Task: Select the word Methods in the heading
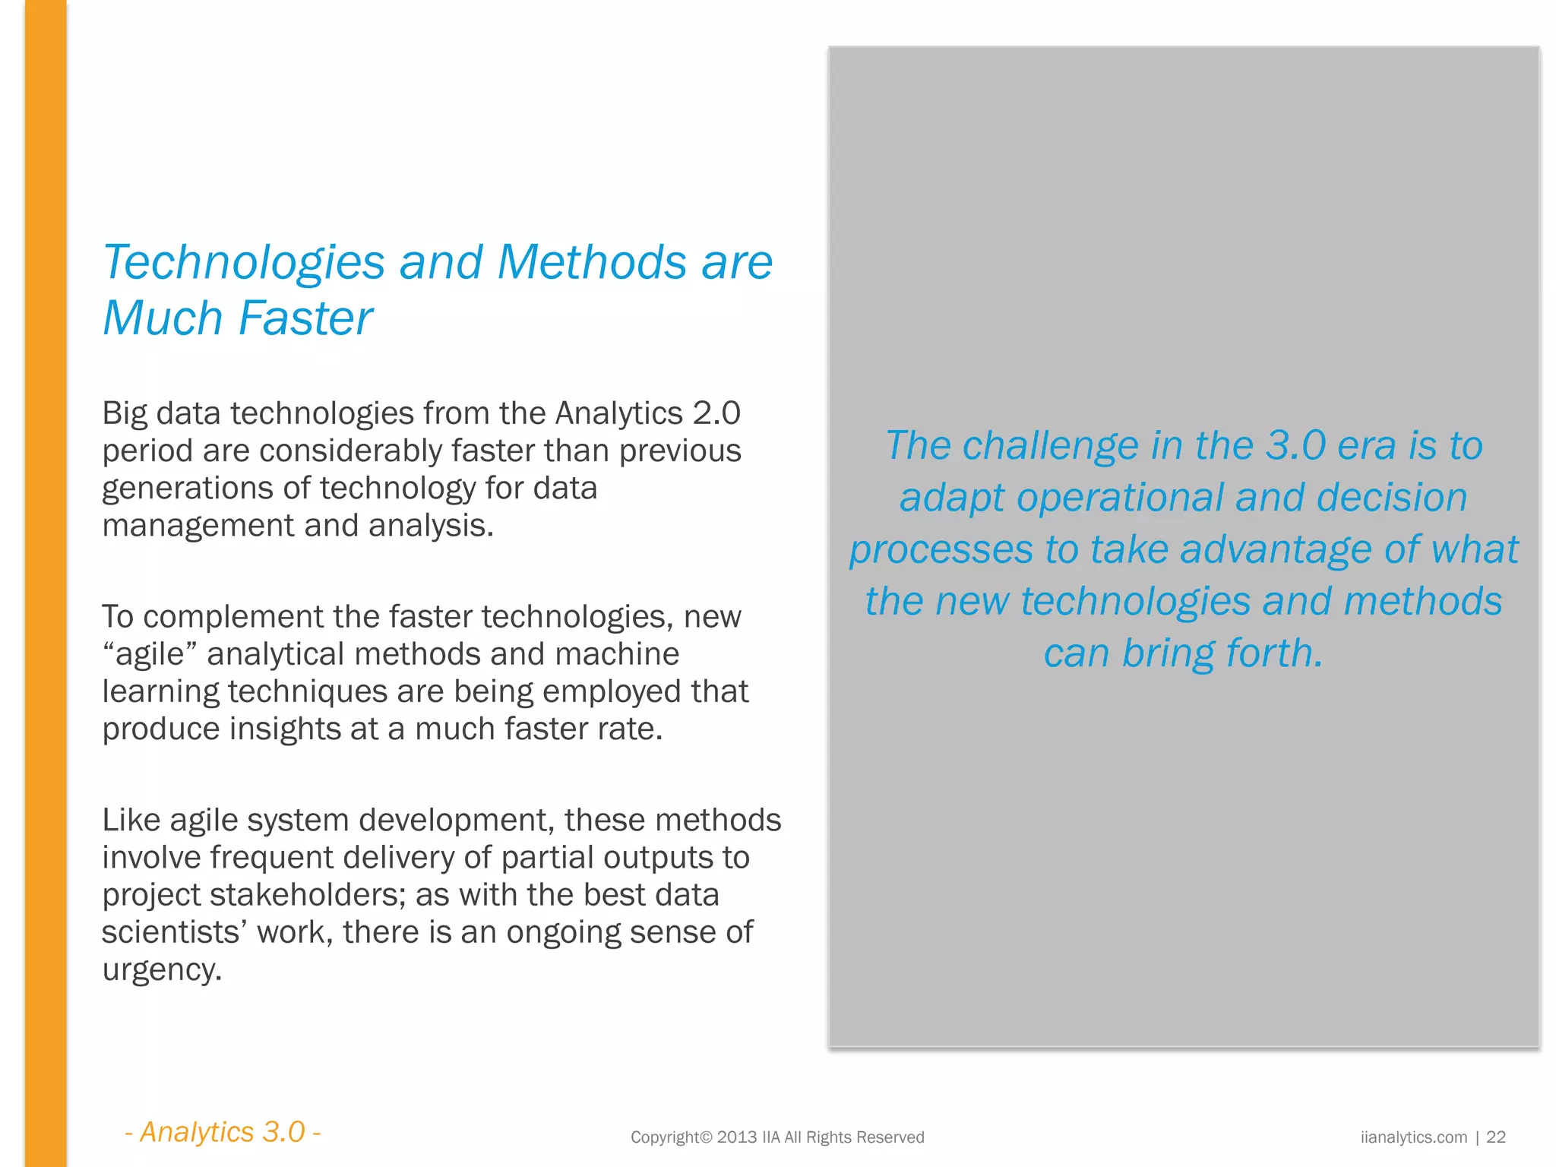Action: [592, 262]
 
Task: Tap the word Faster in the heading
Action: [305, 318]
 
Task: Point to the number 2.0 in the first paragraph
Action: [716, 413]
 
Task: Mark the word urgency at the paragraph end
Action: [161, 970]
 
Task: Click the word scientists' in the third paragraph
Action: [174, 932]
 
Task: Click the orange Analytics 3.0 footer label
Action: [223, 1132]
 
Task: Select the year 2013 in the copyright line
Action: [736, 1137]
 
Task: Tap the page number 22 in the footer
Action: [1495, 1137]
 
